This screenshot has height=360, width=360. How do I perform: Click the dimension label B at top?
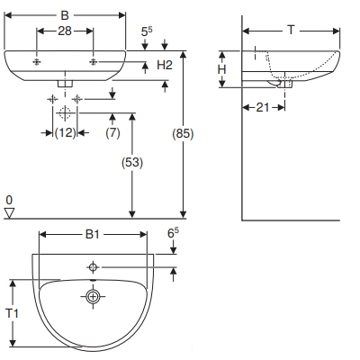click(63, 14)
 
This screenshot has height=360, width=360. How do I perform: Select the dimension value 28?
click(64, 31)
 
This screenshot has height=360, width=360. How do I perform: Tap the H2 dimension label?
click(164, 66)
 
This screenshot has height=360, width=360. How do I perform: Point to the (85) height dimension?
click(183, 134)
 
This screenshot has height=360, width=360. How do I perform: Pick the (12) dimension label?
click(64, 133)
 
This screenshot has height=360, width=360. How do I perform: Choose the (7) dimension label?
click(112, 133)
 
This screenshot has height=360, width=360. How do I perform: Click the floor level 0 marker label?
click(9, 199)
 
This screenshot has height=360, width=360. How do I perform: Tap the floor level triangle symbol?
click(10, 212)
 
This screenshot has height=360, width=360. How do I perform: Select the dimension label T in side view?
click(291, 30)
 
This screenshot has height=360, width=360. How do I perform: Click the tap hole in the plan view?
click(92, 267)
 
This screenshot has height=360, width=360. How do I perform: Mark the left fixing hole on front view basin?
click(37, 62)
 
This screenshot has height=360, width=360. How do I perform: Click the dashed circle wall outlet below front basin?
click(64, 113)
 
